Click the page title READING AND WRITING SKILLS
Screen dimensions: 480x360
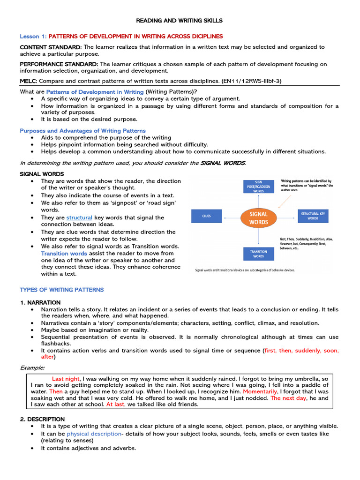pyautogui.click(x=180, y=21)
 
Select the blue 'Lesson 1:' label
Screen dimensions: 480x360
pyautogui.click(x=33, y=36)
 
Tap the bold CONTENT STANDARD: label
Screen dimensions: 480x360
pyautogui.click(x=51, y=47)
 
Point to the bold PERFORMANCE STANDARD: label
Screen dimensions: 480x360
pyautogui.click(x=59, y=64)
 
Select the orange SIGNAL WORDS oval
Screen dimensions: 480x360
pyautogui.click(x=259, y=217)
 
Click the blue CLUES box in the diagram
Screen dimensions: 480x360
pyautogui.click(x=207, y=216)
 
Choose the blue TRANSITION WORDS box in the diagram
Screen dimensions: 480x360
pyautogui.click(x=259, y=254)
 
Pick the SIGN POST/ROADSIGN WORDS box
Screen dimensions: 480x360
pyautogui.click(x=259, y=187)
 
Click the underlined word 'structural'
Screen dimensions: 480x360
pyautogui.click(x=79, y=217)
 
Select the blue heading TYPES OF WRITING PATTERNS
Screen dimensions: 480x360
pyautogui.click(x=62, y=290)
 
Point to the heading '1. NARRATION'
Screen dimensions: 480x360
pyautogui.click(x=40, y=302)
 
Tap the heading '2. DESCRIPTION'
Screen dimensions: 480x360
pyautogui.click(x=42, y=419)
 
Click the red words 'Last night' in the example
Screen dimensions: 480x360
pyautogui.click(x=66, y=378)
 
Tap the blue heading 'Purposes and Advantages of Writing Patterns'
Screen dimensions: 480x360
pyautogui.click(x=82, y=130)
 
